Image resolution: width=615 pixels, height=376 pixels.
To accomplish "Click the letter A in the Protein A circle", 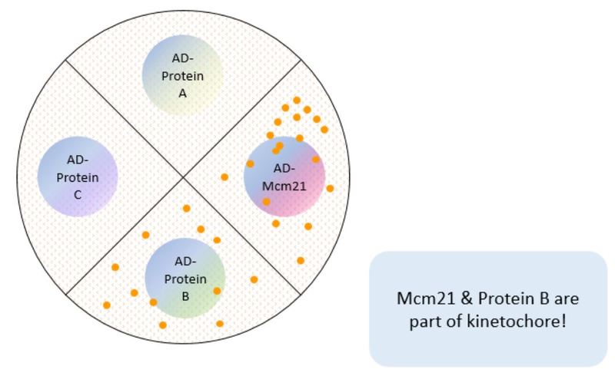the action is (x=182, y=93).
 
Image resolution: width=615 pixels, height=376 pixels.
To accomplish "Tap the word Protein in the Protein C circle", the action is (x=78, y=177).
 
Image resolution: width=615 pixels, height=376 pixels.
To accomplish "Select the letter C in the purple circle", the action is (x=78, y=195).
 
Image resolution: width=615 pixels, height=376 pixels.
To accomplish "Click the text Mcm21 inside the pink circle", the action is (x=284, y=186).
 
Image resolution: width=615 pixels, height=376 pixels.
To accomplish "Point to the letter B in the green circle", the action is (x=185, y=296).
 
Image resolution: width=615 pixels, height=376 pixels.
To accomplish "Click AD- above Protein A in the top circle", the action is (x=183, y=58).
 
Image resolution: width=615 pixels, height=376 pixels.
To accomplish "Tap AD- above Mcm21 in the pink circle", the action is (x=284, y=168).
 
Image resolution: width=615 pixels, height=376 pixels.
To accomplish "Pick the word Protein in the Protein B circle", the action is (x=185, y=279).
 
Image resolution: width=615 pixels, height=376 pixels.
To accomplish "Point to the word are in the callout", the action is (x=567, y=299).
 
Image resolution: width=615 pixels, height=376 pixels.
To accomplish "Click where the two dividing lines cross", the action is (x=183, y=177).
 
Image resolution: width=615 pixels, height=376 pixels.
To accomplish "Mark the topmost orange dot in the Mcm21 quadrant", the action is (x=297, y=101).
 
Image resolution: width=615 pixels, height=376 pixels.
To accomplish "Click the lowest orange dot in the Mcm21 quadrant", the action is (x=301, y=260).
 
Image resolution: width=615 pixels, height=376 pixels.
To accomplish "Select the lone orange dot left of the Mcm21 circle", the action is (x=224, y=177).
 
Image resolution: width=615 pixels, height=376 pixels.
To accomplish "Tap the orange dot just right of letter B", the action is (x=217, y=291).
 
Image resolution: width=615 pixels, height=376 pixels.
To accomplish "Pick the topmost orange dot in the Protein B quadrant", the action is (x=187, y=209).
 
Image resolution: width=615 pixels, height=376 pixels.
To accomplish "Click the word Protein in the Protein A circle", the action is (x=183, y=76).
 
